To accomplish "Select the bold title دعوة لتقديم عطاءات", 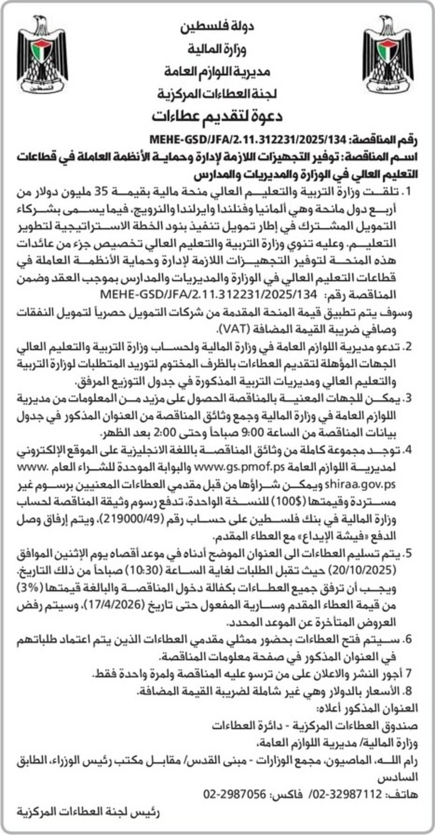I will point(217,114).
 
